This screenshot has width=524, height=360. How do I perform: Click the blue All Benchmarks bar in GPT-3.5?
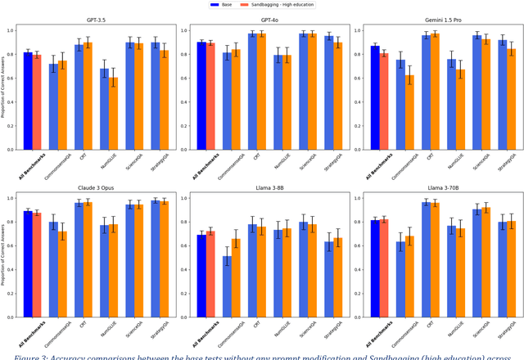tap(28, 101)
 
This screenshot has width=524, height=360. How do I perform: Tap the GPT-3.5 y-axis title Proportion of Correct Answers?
tap(4, 90)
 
